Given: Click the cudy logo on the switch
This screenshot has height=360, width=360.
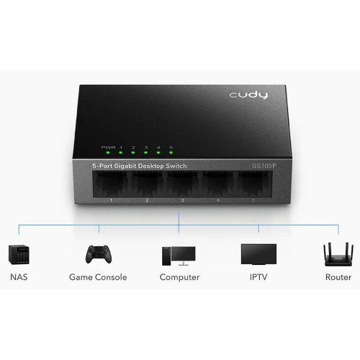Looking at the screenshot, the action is [x=248, y=95].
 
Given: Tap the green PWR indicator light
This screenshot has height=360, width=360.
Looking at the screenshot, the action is [x=108, y=153].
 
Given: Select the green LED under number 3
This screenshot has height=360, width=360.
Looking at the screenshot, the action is [x=145, y=153].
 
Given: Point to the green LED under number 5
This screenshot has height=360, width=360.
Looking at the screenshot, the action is [x=171, y=153].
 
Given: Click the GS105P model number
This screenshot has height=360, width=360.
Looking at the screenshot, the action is [x=264, y=166].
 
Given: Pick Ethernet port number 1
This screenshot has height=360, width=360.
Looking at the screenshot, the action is [x=110, y=184].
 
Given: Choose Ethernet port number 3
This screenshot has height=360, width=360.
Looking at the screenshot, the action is [x=182, y=184].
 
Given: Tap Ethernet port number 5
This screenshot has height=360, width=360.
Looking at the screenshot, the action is [x=254, y=184].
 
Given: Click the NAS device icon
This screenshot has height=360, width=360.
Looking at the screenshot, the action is [x=19, y=255].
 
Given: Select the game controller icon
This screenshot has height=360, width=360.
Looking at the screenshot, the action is [x=99, y=254].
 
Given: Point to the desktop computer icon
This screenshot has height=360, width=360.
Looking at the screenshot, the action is [x=179, y=256].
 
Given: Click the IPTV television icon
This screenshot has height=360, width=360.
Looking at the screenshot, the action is [x=258, y=254].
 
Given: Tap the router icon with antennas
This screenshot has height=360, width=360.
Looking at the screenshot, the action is [x=338, y=254].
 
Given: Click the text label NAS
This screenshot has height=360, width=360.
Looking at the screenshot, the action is [x=19, y=277].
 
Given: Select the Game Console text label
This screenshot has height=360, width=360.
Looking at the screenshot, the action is [x=98, y=277].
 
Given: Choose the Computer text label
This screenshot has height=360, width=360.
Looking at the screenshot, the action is [x=179, y=277].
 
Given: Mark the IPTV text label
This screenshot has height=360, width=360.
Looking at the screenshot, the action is [x=258, y=277].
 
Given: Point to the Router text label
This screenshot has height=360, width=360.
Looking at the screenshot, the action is [x=338, y=277].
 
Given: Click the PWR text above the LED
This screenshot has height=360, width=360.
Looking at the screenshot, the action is [x=108, y=148].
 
